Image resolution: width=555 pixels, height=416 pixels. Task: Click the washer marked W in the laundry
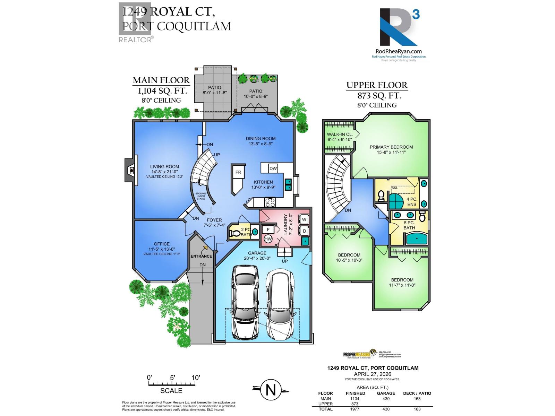click(x=304, y=220)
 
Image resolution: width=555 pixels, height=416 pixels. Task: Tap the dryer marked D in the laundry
click(x=304, y=231)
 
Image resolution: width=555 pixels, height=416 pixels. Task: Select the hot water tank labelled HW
click(x=268, y=239)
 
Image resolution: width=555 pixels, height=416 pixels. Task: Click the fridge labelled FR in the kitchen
click(x=238, y=173)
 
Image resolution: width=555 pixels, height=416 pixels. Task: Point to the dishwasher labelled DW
click(x=273, y=168)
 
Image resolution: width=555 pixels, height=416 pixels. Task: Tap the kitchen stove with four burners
click(x=270, y=202)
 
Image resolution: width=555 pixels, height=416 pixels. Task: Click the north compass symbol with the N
click(x=271, y=390)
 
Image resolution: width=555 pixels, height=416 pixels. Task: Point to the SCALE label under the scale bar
click(x=171, y=391)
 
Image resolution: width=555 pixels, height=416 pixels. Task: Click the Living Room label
click(x=164, y=166)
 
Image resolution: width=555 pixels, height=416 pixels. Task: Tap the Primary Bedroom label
click(x=391, y=147)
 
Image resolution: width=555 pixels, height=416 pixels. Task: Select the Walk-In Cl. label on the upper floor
click(x=340, y=134)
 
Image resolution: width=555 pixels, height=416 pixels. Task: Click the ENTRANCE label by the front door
click(x=201, y=256)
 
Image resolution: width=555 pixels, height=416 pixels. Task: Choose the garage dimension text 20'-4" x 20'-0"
click(x=257, y=258)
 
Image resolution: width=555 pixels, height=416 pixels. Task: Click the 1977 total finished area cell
click(x=355, y=409)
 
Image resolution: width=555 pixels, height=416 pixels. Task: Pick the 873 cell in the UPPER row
click(x=355, y=404)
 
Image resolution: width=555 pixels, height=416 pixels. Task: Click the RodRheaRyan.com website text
click(x=399, y=51)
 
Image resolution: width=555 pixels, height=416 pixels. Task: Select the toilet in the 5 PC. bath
click(x=422, y=216)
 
